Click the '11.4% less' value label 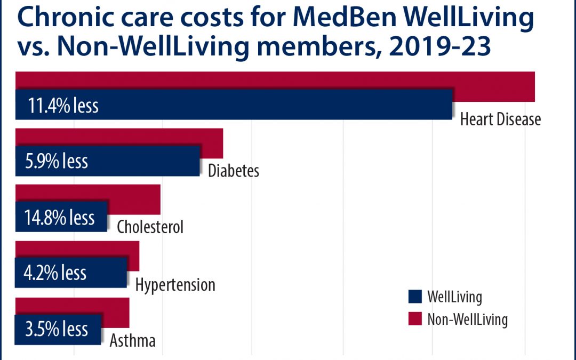pyautogui.click(x=57, y=105)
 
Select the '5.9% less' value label pyautogui.click(x=56, y=161)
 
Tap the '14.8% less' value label pyautogui.click(x=59, y=217)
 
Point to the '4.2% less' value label pyautogui.click(x=55, y=273)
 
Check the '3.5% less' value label pyautogui.click(x=56, y=329)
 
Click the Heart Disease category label pyautogui.click(x=500, y=119)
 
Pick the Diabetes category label pyautogui.click(x=234, y=171)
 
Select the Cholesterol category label pyautogui.click(x=150, y=227)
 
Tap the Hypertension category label pyautogui.click(x=175, y=284)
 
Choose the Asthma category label pyautogui.click(x=132, y=340)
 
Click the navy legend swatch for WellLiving pyautogui.click(x=414, y=297)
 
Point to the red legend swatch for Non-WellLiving pyautogui.click(x=414, y=319)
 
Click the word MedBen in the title pyautogui.click(x=342, y=19)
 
